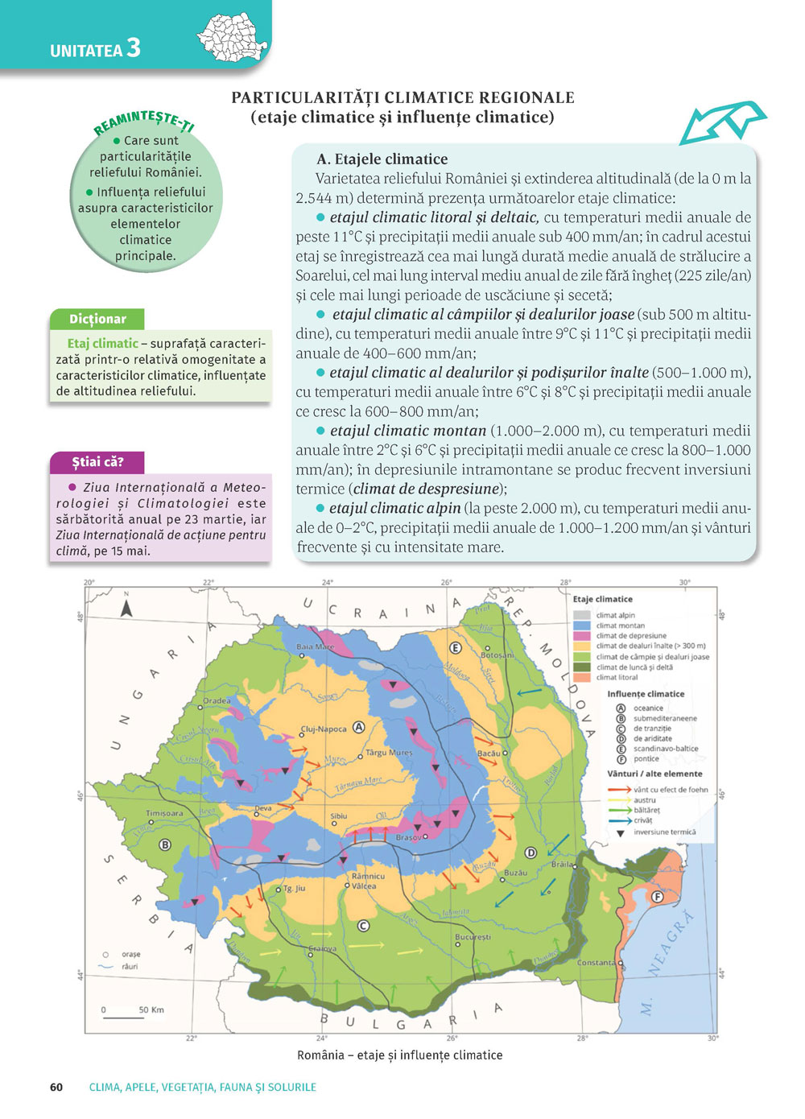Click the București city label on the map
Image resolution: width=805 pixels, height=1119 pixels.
473,937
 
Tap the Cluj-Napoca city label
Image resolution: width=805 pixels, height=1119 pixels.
324,729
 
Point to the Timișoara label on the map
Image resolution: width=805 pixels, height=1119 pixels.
164,813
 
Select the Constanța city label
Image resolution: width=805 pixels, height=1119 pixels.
597,962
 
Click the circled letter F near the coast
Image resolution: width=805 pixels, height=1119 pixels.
657,897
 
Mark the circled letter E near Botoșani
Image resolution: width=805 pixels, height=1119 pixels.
455,647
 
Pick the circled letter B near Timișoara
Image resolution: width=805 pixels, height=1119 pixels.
165,844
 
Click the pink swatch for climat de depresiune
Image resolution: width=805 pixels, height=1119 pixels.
582,636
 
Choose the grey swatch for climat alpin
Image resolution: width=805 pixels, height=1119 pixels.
582,615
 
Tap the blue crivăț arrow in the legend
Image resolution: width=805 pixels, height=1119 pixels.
619,820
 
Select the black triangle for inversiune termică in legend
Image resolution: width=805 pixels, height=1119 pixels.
620,833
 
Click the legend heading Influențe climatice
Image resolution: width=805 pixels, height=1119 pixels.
646,694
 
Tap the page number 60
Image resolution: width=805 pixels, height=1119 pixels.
56,1087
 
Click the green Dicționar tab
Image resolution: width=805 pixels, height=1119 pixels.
97,319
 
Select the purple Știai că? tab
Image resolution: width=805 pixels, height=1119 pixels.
97,462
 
